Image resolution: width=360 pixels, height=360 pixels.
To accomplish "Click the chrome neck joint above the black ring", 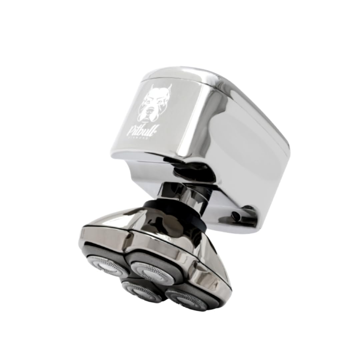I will [182, 193].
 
